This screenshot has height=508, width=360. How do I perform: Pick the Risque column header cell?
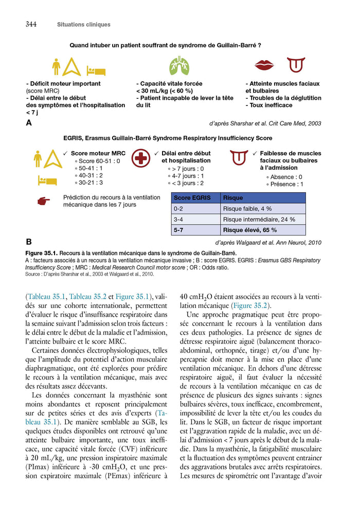pyautogui.click(x=233, y=198)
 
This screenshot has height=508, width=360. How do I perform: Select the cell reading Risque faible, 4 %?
pyautogui.click(x=247, y=209)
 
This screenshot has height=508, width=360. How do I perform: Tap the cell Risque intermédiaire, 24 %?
pyautogui.click(x=259, y=220)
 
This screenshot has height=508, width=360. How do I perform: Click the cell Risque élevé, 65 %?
pyautogui.click(x=250, y=230)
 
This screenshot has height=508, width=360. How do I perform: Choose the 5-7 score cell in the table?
pyautogui.click(x=179, y=230)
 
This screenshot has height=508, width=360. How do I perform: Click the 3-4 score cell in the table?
pyautogui.click(x=179, y=220)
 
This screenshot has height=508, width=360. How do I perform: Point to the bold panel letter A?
pyautogui.click(x=29, y=123)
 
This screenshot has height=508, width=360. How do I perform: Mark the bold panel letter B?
pyautogui.click(x=29, y=242)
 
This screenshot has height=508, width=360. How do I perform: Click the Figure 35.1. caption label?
pyautogui.click(x=42, y=253)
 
